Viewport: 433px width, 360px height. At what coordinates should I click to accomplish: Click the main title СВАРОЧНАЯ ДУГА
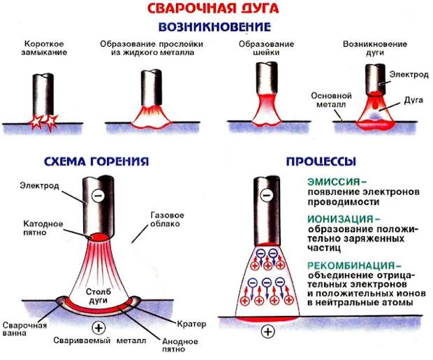coord(213,8)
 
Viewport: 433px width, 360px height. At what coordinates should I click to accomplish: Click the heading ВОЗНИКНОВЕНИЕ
coord(214,27)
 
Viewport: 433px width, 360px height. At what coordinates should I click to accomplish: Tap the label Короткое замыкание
coord(44,48)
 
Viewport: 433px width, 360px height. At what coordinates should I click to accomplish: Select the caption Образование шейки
coord(266,48)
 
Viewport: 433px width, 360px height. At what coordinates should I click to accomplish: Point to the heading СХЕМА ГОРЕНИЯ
coord(96,161)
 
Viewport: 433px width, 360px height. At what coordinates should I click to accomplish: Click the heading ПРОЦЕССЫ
coord(321,161)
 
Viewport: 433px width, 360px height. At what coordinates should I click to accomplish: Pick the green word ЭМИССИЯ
coord(334,182)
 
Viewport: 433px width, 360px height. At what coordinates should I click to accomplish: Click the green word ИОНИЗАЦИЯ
coord(341,219)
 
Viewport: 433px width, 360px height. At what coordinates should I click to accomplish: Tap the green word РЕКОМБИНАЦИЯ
coord(351,266)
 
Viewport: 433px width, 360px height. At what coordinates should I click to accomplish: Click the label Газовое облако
coord(167,219)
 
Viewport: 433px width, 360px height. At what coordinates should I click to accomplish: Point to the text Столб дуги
coord(98,296)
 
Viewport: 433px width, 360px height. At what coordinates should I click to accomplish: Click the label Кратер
coord(191,324)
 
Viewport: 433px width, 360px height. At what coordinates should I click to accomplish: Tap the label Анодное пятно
coord(179,345)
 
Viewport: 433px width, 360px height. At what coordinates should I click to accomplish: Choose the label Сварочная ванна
coord(25,329)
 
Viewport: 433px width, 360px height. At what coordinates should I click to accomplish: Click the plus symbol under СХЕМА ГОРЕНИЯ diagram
coord(98,329)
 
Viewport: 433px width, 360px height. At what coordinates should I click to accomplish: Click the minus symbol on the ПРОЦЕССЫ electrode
coord(267,196)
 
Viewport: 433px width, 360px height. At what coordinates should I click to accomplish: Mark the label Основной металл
coord(331,100)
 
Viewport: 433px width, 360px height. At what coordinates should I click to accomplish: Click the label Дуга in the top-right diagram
coord(413,100)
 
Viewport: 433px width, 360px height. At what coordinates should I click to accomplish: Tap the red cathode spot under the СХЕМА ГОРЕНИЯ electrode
coord(98,238)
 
